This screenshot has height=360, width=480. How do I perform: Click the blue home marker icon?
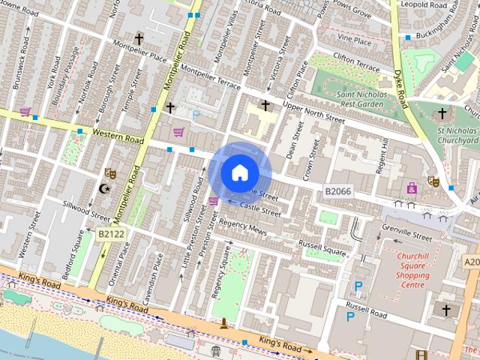coord(239,173)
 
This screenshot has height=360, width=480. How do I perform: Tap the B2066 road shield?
coord(338,193)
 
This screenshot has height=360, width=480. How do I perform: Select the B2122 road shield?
coord(110,235)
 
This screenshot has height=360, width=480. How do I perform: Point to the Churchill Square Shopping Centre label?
coord(412,270)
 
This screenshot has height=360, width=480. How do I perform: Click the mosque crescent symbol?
coord(104,189)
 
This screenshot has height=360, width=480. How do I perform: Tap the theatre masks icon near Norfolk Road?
coord(110,173)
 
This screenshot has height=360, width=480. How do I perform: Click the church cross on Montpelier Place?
coord(139,38)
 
